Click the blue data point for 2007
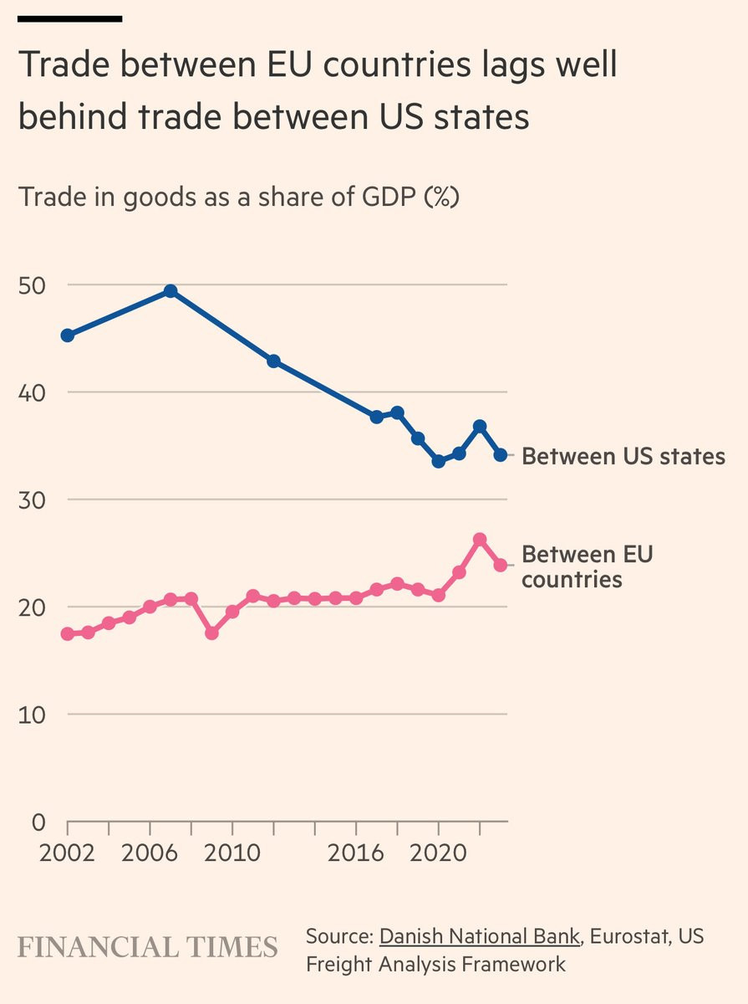[170, 291]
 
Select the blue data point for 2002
[68, 336]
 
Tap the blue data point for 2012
[273, 361]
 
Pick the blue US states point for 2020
[438, 461]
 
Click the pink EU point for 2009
[211, 633]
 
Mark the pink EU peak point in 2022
[480, 540]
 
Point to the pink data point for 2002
[68, 634]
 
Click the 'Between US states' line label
[623, 457]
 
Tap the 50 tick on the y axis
[32, 285]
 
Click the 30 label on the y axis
[32, 499]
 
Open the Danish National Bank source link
[479, 935]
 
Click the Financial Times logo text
[148, 947]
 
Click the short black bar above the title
[69, 18]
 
